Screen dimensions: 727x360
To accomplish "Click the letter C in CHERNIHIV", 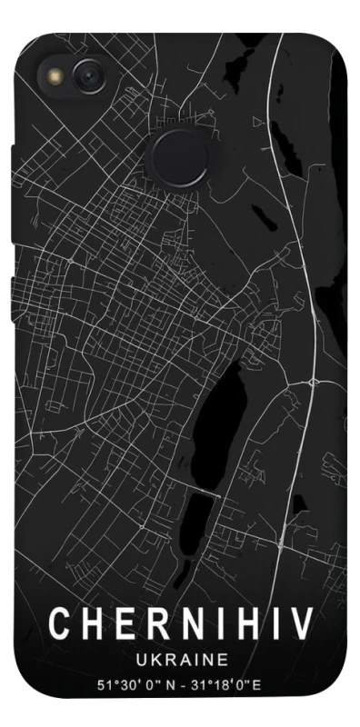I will click(56, 624).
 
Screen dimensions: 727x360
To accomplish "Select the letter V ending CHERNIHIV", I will click(303, 624).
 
